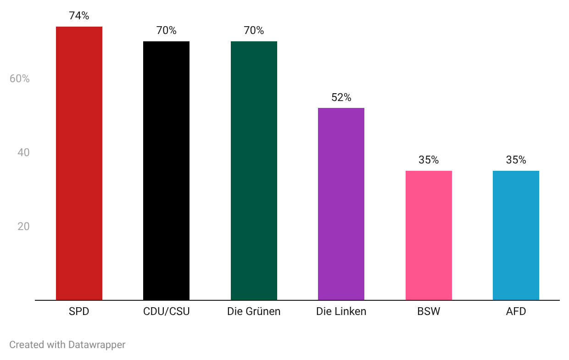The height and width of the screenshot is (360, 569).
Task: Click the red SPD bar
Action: [79, 163]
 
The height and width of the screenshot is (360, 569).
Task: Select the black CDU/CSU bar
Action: [166, 170]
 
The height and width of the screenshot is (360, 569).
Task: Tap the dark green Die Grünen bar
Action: [254, 170]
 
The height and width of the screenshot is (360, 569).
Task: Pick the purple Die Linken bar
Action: [341, 204]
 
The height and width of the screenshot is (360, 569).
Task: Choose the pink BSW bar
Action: [429, 235]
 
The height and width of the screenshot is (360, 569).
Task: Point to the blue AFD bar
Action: [516, 235]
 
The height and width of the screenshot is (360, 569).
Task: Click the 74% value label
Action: [79, 16]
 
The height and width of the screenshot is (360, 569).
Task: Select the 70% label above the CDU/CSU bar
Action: [166, 31]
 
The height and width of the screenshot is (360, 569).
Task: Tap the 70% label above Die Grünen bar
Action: [254, 31]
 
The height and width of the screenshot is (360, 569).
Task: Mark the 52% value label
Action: [341, 98]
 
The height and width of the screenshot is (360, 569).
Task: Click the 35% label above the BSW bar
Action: [429, 160]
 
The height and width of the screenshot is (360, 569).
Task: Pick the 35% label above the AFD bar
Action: [516, 160]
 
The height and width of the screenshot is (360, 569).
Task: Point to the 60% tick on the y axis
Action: [20, 79]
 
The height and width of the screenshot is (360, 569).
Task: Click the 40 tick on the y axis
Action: [23, 152]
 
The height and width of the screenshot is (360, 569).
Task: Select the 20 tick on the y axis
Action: [23, 227]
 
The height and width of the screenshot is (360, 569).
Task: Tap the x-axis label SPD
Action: [79, 312]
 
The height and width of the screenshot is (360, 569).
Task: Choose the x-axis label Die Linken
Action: [341, 312]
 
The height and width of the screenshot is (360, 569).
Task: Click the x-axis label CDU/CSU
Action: [166, 312]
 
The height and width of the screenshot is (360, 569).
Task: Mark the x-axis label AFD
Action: [516, 312]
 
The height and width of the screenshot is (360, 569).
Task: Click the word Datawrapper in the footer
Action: [97, 345]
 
